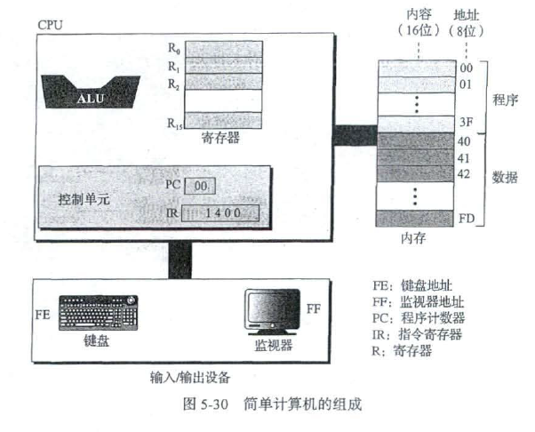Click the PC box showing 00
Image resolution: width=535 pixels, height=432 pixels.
200,187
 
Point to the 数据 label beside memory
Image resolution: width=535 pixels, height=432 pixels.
505,177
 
